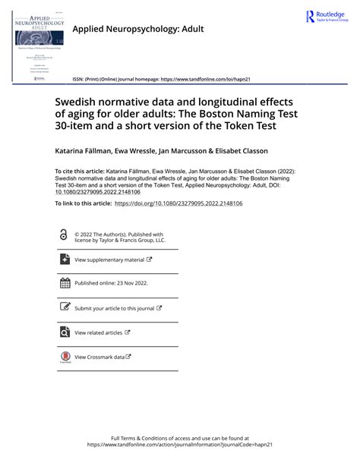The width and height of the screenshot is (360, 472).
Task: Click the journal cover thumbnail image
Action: [35, 43]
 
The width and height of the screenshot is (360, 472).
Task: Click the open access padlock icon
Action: [63, 236]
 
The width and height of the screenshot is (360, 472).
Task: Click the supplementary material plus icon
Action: [64, 260]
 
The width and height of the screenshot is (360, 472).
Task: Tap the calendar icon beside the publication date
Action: [64, 284]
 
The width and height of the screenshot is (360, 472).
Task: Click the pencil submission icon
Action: [64, 307]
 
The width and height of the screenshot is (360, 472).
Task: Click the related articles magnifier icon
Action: [64, 332]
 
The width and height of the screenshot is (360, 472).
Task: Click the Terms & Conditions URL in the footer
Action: [180, 445]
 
